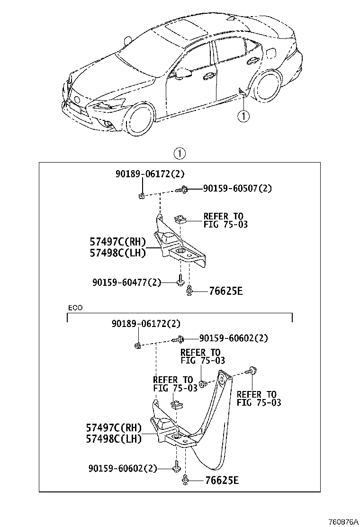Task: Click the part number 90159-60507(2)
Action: (x=237, y=188)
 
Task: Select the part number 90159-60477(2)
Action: (x=126, y=282)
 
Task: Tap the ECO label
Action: (x=75, y=308)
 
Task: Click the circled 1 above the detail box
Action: (x=180, y=154)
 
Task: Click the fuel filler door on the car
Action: (x=271, y=52)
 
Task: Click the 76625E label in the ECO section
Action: (x=222, y=480)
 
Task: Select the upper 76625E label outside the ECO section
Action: (x=225, y=291)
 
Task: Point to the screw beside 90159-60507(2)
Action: (x=182, y=190)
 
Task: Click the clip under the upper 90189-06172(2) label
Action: (x=141, y=195)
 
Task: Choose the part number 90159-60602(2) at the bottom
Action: (x=123, y=468)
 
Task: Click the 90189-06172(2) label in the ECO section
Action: (x=146, y=324)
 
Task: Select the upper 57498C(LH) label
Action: (x=118, y=253)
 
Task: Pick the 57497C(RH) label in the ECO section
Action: (x=114, y=428)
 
